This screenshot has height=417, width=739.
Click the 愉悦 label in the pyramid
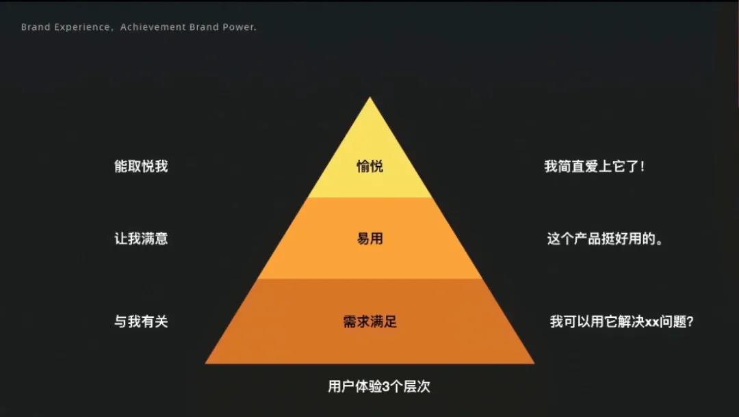pyautogui.click(x=370, y=166)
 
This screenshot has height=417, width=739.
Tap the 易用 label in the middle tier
pyautogui.click(x=370, y=239)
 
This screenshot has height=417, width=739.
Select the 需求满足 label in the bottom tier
pyautogui.click(x=370, y=321)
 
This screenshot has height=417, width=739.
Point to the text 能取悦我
pyautogui.click(x=141, y=166)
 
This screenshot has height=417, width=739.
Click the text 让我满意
pyautogui.click(x=141, y=239)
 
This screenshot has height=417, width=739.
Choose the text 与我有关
pyautogui.click(x=141, y=321)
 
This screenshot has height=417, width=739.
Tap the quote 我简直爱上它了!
pyautogui.click(x=595, y=166)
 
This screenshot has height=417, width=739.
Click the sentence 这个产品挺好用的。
pyautogui.click(x=605, y=239)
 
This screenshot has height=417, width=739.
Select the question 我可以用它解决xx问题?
pyautogui.click(x=621, y=321)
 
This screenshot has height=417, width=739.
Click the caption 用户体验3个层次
pyautogui.click(x=379, y=386)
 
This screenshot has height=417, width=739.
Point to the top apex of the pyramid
pyautogui.click(x=370, y=97)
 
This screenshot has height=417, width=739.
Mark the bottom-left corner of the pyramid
pyautogui.click(x=205, y=364)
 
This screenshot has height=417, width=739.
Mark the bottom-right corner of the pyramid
pyautogui.click(x=534, y=364)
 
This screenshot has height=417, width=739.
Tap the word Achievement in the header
pyautogui.click(x=153, y=27)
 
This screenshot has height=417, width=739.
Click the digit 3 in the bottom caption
pyautogui.click(x=386, y=387)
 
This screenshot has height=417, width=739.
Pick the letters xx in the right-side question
pyautogui.click(x=652, y=323)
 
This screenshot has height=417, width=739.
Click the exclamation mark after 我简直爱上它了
pyautogui.click(x=642, y=166)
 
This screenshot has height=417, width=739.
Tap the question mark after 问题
pyautogui.click(x=690, y=321)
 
